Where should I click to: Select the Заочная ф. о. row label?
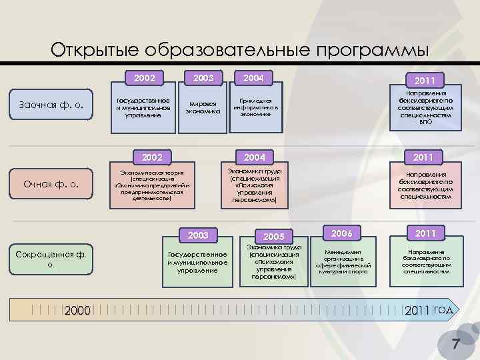52,105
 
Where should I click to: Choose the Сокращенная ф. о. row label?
52,259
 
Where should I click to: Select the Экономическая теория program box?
152,183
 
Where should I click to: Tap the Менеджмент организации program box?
343,261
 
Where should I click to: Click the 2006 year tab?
341,233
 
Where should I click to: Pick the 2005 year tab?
273,237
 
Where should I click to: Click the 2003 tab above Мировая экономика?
203,79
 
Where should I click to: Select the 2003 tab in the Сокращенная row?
198,235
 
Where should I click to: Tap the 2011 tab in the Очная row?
425,157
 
